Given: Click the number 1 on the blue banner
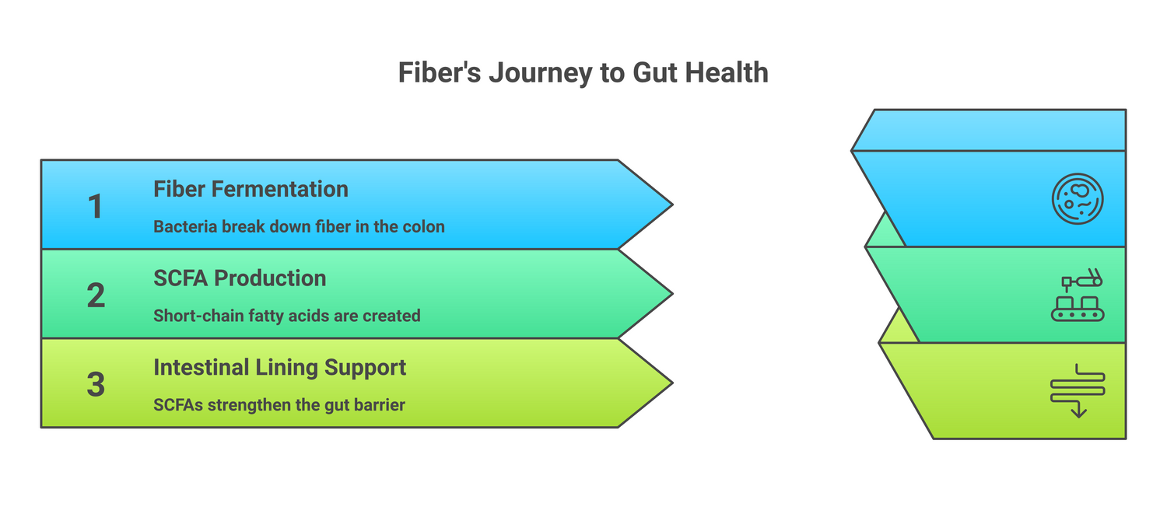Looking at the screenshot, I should coord(95,207).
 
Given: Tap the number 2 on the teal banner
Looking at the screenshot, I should coord(96,295).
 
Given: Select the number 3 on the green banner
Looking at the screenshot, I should coord(96,384).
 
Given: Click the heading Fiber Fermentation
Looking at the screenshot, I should coord(251,189).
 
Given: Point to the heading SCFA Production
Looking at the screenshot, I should coord(240,278).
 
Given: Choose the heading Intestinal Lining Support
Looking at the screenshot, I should coord(279,367).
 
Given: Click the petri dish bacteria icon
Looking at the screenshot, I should coord(1078,199).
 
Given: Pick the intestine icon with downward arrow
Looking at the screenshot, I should coord(1078,390).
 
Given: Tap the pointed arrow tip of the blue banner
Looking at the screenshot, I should coord(666,205).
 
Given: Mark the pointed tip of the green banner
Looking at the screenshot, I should coord(666,383).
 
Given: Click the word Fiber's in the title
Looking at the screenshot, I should coord(439,72).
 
